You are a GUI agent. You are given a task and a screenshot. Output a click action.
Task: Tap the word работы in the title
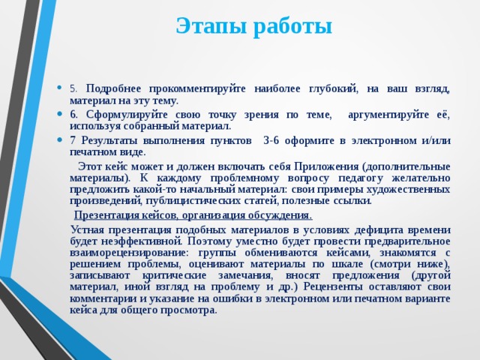point(291,25)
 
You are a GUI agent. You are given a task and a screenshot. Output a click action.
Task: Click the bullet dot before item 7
point(60,139)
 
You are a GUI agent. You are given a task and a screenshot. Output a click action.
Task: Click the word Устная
point(88,229)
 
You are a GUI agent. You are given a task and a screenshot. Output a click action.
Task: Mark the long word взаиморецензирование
point(126,253)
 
